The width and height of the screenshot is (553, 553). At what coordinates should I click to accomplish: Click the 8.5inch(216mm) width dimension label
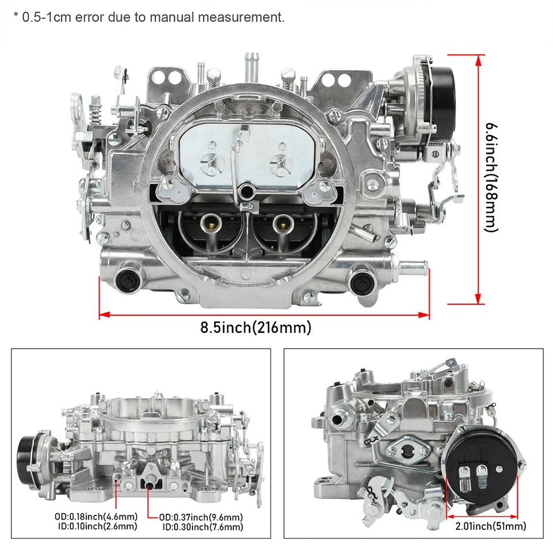tap(256, 328)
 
